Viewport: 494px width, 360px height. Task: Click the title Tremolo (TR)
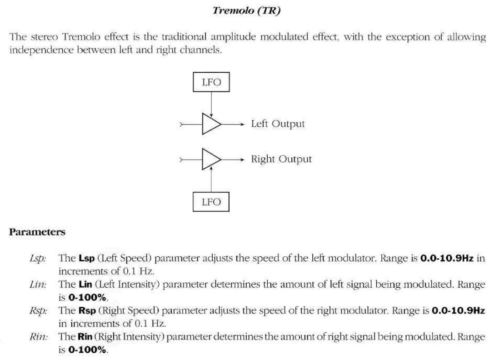(247, 11)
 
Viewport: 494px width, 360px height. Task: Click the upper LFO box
(211, 84)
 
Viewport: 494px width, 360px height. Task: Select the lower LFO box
(211, 202)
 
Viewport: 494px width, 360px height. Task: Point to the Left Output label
(278, 124)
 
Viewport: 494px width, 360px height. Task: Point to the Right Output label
(281, 160)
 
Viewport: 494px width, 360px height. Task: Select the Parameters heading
(37, 232)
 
